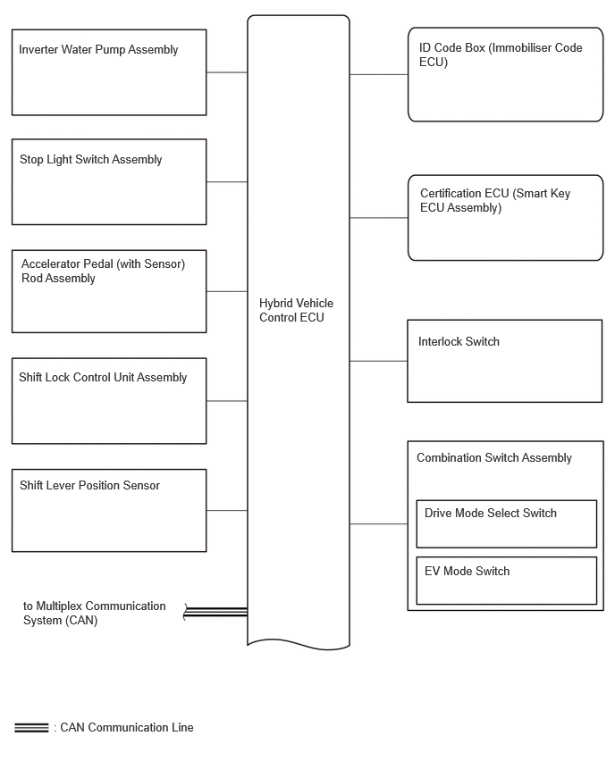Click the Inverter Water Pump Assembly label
pyautogui.click(x=98, y=49)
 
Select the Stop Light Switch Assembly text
pyautogui.click(x=90, y=159)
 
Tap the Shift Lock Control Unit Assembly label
pyautogui.click(x=103, y=377)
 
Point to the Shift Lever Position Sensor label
pyautogui.click(x=89, y=485)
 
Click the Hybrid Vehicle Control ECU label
pyautogui.click(x=296, y=310)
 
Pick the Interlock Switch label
pyautogui.click(x=459, y=342)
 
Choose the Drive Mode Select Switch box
pyautogui.click(x=506, y=524)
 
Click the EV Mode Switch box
pyautogui.click(x=506, y=581)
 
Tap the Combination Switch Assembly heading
pyautogui.click(x=494, y=457)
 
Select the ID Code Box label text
pyautogui.click(x=501, y=54)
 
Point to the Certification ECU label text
pyautogui.click(x=495, y=200)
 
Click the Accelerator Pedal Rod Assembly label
pyautogui.click(x=103, y=271)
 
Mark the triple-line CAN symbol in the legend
pyautogui.click(x=31, y=728)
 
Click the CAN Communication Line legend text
pyautogui.click(x=126, y=728)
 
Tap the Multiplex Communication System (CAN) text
pyautogui.click(x=94, y=613)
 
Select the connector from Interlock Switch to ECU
pyautogui.click(x=378, y=361)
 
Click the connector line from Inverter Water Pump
pyautogui.click(x=227, y=72)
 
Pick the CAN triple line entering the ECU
pyautogui.click(x=215, y=612)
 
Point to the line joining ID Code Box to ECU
pyautogui.click(x=379, y=75)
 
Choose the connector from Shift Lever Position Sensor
pyautogui.click(x=227, y=511)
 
